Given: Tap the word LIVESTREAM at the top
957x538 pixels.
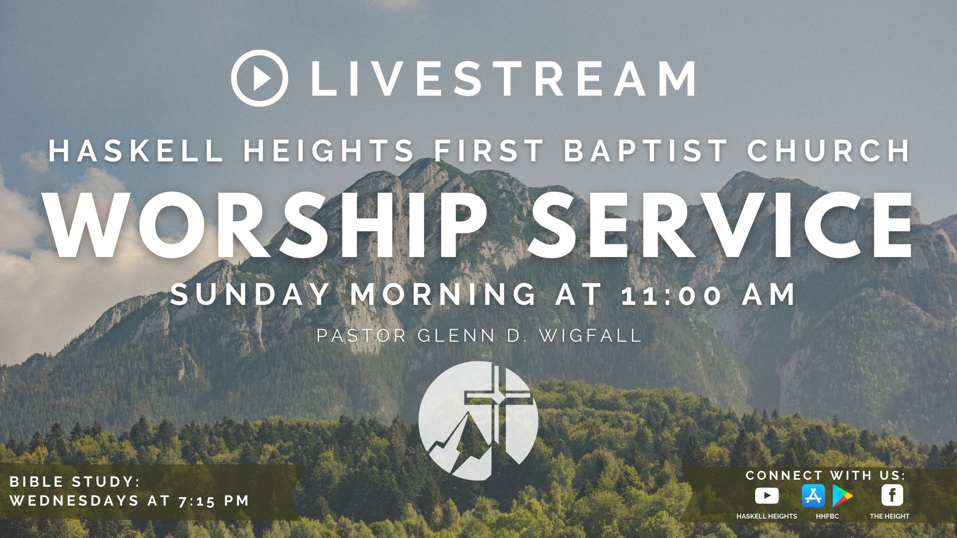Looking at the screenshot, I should (x=503, y=79).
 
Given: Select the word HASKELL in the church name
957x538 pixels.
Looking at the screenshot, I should (x=135, y=150).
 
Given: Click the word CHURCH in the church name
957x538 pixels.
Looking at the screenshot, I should (x=829, y=150).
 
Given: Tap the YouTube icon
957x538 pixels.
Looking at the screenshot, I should (x=767, y=496).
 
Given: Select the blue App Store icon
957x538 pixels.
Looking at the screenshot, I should (x=813, y=496).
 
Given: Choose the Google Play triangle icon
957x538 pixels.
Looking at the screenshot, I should (x=841, y=496).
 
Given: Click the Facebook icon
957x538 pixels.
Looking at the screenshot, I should (x=892, y=496).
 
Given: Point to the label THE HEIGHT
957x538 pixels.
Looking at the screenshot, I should (x=890, y=516).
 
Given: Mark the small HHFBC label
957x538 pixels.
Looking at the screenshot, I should (x=827, y=516).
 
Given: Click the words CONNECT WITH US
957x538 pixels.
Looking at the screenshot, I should (x=825, y=476).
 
